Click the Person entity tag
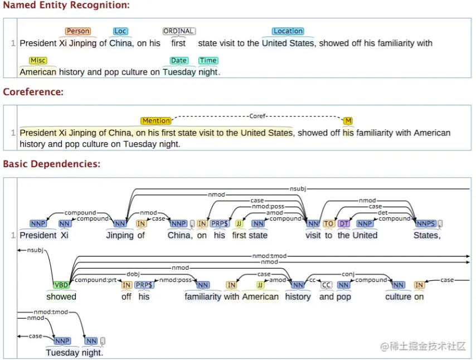pos(78,31)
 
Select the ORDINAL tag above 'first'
pos(179,31)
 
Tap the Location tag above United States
pos(288,31)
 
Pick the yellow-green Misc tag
pos(38,60)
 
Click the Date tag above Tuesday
pos(178,60)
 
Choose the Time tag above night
pos(208,60)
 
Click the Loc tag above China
pos(120,31)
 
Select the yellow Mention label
pos(156,121)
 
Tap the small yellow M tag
pos(348,121)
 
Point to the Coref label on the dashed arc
pos(257,116)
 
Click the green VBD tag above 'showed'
pos(61,285)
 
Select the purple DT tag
pos(344,223)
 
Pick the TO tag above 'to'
pos(328,223)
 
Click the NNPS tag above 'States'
pos(426,223)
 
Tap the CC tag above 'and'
pos(326,285)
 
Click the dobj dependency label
pos(133,274)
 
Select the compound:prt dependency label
pos(96,280)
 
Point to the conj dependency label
pos(348,274)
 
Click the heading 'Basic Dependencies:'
pos(52,164)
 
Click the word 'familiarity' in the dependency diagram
pos(203,296)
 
